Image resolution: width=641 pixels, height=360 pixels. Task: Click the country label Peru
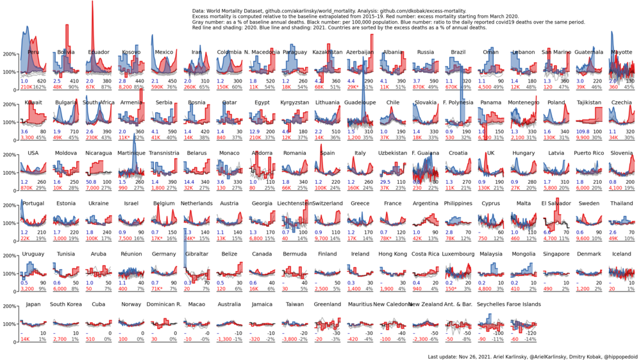34,52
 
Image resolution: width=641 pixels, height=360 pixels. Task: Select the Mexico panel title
164,52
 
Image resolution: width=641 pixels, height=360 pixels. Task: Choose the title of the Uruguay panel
34,254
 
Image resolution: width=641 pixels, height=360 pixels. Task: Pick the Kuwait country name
34,102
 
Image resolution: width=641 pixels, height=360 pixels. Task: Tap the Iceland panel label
622,254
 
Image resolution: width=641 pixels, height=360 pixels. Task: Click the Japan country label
34,304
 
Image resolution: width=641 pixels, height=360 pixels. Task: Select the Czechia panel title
622,102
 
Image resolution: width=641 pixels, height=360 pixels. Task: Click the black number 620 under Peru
42,81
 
